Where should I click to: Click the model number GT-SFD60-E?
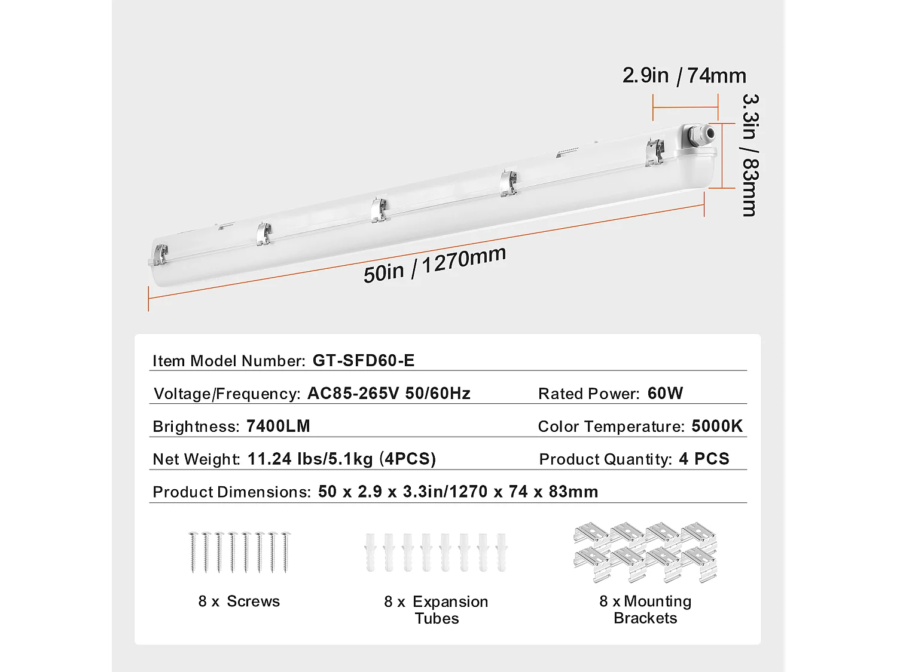coord(363,360)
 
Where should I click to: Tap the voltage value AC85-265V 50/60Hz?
coord(389,393)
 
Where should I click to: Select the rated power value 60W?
coord(665,393)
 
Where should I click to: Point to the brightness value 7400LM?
coord(278,426)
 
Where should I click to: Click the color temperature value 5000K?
coord(717,426)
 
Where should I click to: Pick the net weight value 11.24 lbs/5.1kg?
coord(310,459)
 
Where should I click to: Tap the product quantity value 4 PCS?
coord(704,459)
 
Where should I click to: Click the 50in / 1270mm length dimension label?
coord(435,264)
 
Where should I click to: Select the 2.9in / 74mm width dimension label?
coord(684,76)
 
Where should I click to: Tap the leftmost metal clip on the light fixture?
coord(160,254)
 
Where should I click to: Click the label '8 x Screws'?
coord(239,601)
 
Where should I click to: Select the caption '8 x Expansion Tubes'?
coord(436,609)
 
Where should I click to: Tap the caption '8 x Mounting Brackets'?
coord(645,609)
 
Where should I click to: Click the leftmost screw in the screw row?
coord(193,552)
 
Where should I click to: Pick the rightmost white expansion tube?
coord(501,552)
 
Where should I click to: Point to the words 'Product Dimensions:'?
coord(231,492)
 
